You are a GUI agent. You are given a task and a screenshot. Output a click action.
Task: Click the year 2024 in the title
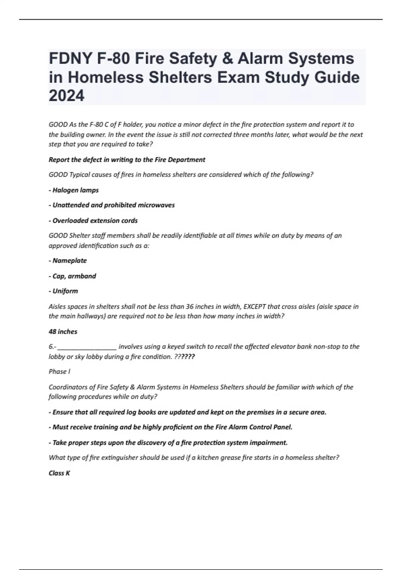pos(67,96)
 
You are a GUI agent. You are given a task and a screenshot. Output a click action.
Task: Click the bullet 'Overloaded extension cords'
pos(93,221)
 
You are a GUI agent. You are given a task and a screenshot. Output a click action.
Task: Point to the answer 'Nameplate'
pos(68,261)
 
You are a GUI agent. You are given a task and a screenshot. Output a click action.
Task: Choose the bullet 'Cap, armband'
pos(72,276)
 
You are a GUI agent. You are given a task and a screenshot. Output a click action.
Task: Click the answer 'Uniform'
pos(63,291)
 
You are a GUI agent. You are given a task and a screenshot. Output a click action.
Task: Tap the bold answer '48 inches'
pos(63,332)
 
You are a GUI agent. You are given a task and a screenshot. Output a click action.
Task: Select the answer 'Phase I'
pos(59,372)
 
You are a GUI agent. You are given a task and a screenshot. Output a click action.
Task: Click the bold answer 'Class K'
pos(59,473)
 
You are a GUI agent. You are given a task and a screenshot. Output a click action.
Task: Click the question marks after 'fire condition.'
pos(185,357)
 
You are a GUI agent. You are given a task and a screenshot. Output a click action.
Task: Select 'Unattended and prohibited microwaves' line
pos(112,205)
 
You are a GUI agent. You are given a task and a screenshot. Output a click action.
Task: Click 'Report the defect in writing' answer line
pos(127,160)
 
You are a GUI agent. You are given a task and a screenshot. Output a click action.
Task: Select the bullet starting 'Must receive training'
pos(171,427)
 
